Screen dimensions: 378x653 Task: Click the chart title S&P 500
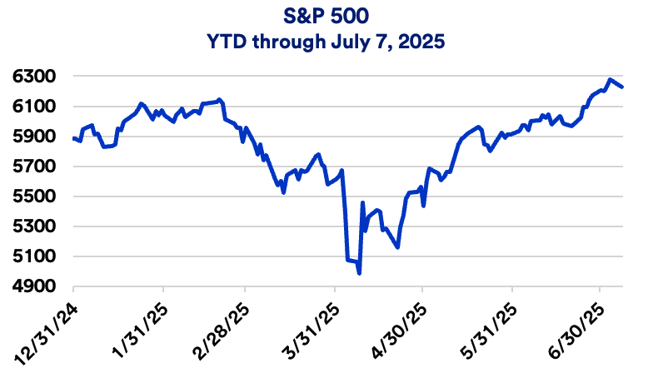(326, 16)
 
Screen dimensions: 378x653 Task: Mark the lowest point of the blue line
(359, 273)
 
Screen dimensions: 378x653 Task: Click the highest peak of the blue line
(611, 79)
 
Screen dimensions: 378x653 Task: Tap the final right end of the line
(623, 87)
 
